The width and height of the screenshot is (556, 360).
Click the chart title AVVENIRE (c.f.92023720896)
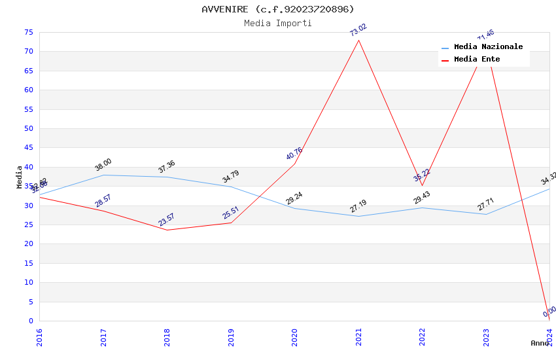tap(278, 9)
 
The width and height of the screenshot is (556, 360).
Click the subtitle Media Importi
tap(278, 23)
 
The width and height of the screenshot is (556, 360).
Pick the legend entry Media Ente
tap(477, 60)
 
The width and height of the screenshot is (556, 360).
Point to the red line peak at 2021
tap(358, 41)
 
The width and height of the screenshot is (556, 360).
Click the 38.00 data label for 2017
tap(103, 165)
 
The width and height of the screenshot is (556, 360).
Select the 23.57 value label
tap(166, 220)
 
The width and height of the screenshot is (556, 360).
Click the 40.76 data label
tap(294, 154)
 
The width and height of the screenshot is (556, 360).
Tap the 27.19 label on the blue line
tap(358, 207)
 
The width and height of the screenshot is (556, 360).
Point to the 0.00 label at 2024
tap(549, 312)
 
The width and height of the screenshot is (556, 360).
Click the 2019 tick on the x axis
tap(231, 336)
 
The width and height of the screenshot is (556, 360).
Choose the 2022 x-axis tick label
tap(423, 336)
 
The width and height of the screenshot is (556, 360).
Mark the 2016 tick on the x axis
tap(39, 336)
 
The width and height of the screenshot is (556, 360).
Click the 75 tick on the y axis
tap(27, 32)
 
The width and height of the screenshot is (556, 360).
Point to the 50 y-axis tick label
tap(27, 128)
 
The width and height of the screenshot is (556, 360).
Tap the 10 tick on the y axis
tap(27, 283)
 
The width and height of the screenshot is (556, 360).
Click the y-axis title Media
tap(20, 177)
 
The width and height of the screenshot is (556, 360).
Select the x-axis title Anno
tap(540, 343)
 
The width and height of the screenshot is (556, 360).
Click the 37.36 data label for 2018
tap(166, 167)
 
